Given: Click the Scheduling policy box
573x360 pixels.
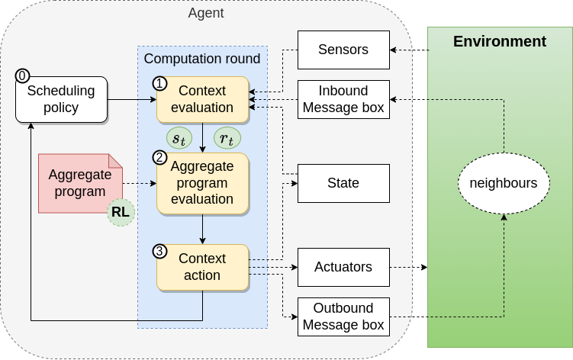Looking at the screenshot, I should pos(62,99).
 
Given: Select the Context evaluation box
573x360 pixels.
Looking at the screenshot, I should pos(202,99).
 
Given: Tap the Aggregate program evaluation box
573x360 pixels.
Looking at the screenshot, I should pos(202,183).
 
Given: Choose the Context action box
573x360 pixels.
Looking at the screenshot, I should pos(202,267).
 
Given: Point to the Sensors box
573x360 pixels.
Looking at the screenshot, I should pos(343,50).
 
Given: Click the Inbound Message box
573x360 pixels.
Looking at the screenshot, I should pos(343,99).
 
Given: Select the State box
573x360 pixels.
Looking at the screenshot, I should pos(343,183).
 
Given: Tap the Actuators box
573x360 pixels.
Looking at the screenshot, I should pos(343,267).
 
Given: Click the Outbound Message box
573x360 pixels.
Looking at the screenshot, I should pos(343,317).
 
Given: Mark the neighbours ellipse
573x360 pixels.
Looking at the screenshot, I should pos(503,183).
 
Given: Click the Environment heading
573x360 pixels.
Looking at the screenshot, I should pos(500,42).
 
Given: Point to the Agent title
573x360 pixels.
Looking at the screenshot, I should pos(206,13).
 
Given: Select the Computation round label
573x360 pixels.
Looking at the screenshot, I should pos(202,59).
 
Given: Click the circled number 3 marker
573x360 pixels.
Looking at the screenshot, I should pos(159,250).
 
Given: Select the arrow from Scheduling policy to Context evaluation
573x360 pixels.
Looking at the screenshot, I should pos(132,99).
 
